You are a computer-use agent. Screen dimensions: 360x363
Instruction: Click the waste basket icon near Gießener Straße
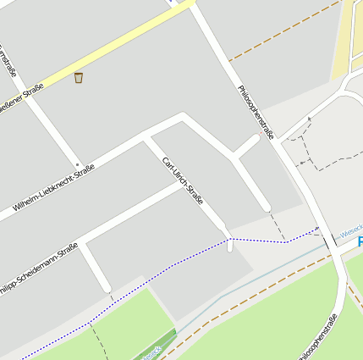coord(79,78)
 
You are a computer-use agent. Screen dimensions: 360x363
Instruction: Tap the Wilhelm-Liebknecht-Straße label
coord(53,189)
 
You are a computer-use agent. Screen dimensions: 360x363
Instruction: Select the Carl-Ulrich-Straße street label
coord(183,180)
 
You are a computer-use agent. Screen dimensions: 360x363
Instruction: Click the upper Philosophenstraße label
coord(256,111)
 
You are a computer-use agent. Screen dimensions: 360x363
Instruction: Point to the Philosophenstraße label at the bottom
coord(317,337)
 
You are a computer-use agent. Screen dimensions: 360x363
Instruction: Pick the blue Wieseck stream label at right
coord(349,229)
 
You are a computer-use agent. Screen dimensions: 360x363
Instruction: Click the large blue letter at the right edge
coord(360,243)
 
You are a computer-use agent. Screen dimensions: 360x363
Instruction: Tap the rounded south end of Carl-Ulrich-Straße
coord(229,247)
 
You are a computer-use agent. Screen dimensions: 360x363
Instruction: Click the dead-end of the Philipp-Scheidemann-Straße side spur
coord(108,293)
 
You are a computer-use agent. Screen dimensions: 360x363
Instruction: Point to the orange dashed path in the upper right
coord(279,35)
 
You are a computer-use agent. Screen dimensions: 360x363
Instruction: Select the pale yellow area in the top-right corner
coord(349,38)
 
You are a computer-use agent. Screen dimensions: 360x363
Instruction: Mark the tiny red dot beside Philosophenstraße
coord(260,133)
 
